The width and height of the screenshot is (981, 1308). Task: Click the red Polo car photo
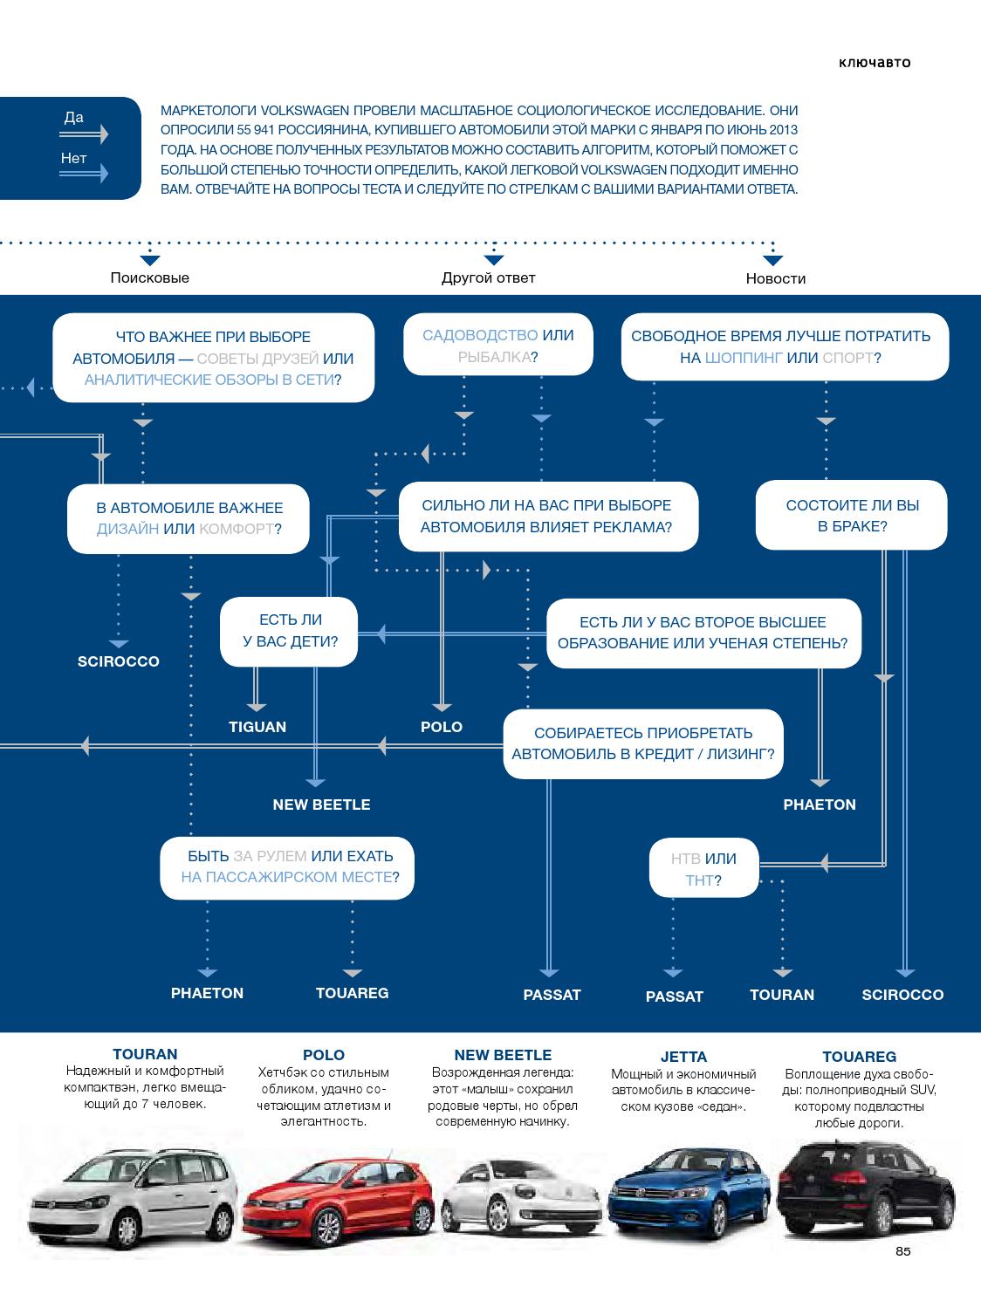339,1198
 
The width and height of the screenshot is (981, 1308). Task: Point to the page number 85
903,1251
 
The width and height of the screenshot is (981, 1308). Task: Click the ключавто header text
875,63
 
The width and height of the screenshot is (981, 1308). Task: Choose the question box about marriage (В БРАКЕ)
851,516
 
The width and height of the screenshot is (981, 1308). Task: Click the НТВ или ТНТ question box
703,868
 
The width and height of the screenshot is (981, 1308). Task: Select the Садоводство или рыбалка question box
498,345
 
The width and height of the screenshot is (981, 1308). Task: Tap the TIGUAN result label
257,727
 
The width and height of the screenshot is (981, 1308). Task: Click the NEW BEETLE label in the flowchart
321,805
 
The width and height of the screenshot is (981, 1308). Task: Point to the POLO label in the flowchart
442,727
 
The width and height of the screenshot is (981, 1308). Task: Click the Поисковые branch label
149,277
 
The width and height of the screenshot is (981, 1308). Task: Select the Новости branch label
775,278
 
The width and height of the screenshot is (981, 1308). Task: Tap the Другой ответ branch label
488,277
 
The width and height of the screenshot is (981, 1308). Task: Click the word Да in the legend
74,118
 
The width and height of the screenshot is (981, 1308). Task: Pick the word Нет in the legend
74,159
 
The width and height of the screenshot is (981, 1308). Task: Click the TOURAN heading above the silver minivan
146,1054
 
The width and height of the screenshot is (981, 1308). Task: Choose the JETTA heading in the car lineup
683,1057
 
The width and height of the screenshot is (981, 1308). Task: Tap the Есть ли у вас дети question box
289,632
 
